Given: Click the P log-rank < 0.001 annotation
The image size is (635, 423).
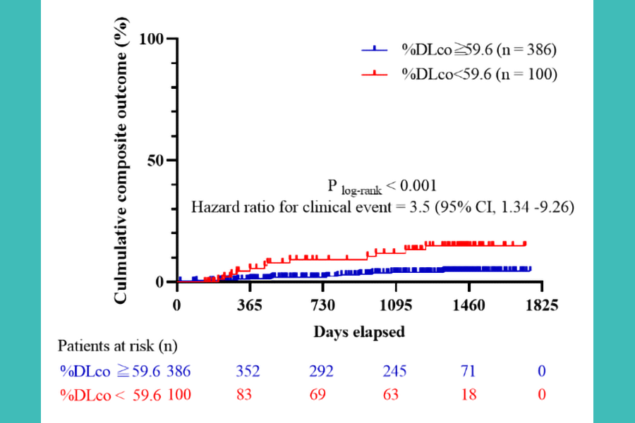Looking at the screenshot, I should click(382, 186).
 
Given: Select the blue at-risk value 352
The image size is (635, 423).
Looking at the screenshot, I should click(249, 371).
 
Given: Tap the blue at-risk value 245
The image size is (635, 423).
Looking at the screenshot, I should click(395, 371).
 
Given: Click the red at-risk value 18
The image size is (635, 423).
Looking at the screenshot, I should click(468, 394).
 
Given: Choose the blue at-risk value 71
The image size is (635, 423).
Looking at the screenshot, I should click(468, 371).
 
